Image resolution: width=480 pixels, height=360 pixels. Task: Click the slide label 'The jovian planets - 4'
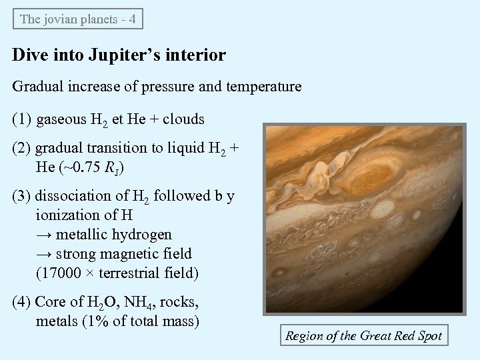78,19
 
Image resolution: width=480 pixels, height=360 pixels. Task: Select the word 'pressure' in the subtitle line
155,87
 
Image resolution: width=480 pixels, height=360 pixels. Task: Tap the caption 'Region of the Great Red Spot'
363,336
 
